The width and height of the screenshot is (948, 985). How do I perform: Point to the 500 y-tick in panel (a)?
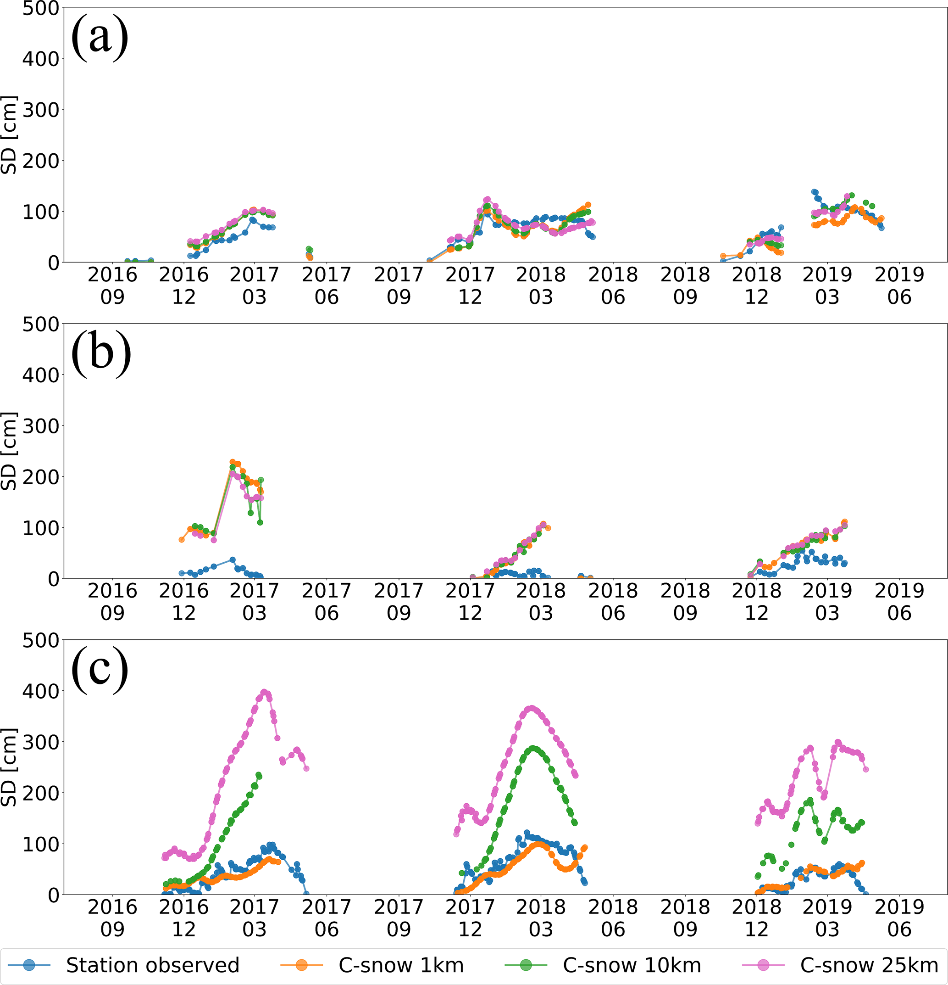(41, 9)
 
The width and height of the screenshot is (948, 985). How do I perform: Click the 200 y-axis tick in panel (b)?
(41, 476)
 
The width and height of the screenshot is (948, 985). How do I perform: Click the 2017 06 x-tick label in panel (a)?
(327, 286)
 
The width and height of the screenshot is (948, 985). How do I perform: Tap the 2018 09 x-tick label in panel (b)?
(685, 602)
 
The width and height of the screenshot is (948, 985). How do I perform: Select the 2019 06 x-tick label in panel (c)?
(899, 918)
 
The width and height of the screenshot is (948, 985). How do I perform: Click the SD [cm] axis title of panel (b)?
(9, 451)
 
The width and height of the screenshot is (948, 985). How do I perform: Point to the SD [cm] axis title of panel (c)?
(9, 767)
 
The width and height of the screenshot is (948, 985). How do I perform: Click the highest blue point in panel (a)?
(814, 192)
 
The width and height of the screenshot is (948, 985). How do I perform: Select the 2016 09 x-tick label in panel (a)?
(112, 286)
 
